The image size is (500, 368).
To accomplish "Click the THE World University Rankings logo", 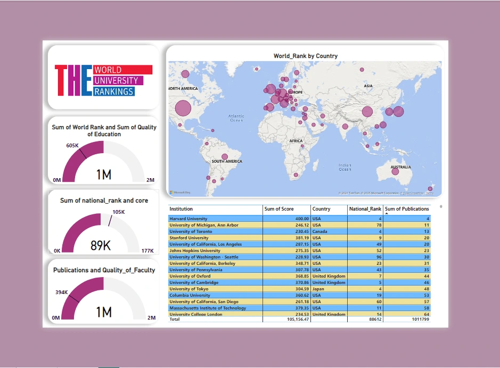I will [103, 80].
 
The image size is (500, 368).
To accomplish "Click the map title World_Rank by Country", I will [305, 56].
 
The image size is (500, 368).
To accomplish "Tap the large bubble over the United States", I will [182, 108].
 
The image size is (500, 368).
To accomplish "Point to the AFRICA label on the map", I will [296, 141].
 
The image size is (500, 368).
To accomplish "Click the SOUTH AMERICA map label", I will [227, 161].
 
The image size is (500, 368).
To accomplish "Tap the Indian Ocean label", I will [345, 167].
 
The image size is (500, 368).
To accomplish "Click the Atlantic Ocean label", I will [236, 118].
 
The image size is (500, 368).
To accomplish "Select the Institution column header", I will [181, 209].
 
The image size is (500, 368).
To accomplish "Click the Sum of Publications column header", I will [407, 209].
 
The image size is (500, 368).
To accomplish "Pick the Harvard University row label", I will [188, 219].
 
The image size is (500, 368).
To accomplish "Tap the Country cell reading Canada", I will [319, 231].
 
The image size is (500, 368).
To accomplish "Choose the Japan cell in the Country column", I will [318, 289].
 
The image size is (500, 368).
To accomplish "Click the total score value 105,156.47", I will [296, 319].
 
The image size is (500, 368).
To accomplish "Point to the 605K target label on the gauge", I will [72, 145].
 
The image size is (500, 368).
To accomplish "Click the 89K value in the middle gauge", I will [101, 246].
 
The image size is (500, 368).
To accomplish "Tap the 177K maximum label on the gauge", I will [147, 250].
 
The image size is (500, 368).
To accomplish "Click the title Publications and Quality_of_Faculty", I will [104, 270].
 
